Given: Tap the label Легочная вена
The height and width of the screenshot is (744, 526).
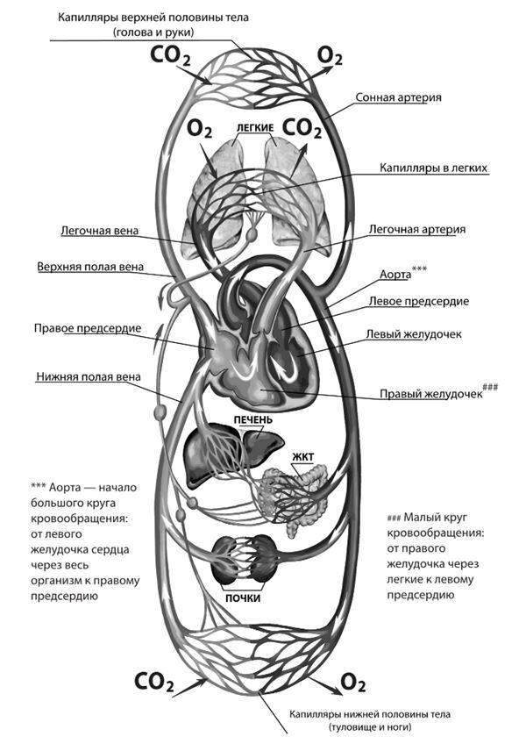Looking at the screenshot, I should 96,234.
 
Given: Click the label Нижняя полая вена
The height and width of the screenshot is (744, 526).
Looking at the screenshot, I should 88,379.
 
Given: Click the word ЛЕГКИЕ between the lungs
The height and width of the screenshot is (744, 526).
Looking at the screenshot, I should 255,127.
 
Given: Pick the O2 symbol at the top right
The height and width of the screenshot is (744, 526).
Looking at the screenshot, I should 330,57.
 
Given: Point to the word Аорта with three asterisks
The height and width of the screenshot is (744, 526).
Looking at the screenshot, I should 395,274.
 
